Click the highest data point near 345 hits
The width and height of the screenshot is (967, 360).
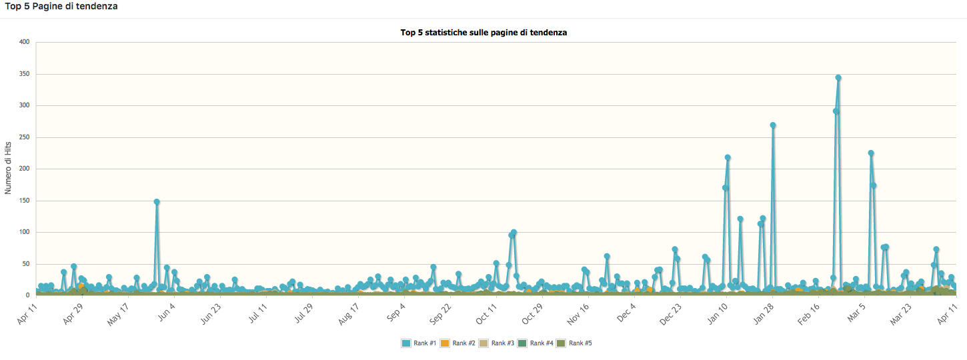[x=838, y=78]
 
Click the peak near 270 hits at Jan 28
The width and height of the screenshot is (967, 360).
[x=773, y=125]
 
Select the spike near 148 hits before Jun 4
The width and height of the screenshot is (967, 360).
[x=157, y=201]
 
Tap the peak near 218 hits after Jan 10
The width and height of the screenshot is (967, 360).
[x=728, y=158]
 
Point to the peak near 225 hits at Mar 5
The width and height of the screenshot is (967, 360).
[x=871, y=153]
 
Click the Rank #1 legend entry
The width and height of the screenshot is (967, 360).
[x=419, y=343]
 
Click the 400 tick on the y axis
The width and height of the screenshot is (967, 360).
[x=25, y=42]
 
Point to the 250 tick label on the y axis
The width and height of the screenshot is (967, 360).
[x=25, y=137]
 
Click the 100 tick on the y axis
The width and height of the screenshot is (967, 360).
[x=25, y=232]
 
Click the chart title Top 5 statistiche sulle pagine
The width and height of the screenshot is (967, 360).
[x=484, y=32]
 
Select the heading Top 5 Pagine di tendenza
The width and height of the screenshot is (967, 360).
[x=62, y=6]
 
